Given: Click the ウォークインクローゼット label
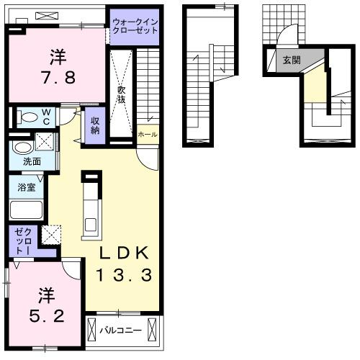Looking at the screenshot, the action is pyautogui.click(x=135, y=27).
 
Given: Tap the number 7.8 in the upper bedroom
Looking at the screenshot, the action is pyautogui.click(x=58, y=78).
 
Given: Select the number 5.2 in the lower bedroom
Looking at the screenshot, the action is pyautogui.click(x=47, y=316).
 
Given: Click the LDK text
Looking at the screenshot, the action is pyautogui.click(x=124, y=253).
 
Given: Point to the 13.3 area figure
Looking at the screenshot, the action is pyautogui.click(x=124, y=275).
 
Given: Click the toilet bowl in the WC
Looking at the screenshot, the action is pyautogui.click(x=28, y=117).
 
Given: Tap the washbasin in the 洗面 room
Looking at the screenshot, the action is pyautogui.click(x=23, y=148).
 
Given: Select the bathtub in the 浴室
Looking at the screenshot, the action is pyautogui.click(x=27, y=210).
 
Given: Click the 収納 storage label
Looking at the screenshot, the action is pyautogui.click(x=95, y=126).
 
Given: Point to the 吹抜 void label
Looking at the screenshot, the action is pyautogui.click(x=122, y=94).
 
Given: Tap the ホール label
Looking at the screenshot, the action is pyautogui.click(x=148, y=135).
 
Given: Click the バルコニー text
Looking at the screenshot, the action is pyautogui.click(x=120, y=330).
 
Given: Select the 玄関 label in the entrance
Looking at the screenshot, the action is pyautogui.click(x=292, y=60).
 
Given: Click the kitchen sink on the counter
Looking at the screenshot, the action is pyautogui.click(x=91, y=225).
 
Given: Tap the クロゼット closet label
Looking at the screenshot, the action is pyautogui.click(x=23, y=241).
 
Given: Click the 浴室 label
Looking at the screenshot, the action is pyautogui.click(x=27, y=187).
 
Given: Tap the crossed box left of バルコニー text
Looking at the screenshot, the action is pyautogui.click(x=91, y=330).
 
